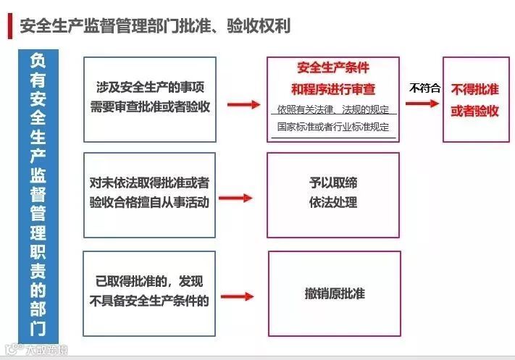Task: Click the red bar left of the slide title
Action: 9,27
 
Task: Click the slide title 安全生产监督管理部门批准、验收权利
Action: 155,27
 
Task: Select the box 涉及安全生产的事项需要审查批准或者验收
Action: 150,99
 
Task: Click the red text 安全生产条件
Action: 333,69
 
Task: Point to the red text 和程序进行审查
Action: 333,90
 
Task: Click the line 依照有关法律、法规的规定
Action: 333,110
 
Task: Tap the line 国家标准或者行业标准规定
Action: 333,127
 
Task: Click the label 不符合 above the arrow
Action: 424,88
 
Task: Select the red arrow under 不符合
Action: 423,103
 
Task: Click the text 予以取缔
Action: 334,185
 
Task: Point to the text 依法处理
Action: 334,203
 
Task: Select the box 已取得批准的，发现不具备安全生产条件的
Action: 150,293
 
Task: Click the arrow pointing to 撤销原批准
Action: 238,296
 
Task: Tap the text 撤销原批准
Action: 334,293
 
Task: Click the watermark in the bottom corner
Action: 36,351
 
